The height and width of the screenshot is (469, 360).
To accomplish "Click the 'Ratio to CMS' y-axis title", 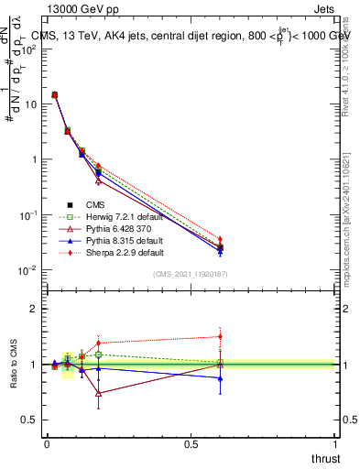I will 13,364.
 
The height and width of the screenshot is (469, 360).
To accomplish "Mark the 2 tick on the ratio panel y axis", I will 38,309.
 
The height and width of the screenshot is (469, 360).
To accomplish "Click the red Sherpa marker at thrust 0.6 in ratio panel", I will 220,336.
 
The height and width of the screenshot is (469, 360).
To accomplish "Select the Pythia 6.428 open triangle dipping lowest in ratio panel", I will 98,393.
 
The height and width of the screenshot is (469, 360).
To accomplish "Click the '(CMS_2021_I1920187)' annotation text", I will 190,274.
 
